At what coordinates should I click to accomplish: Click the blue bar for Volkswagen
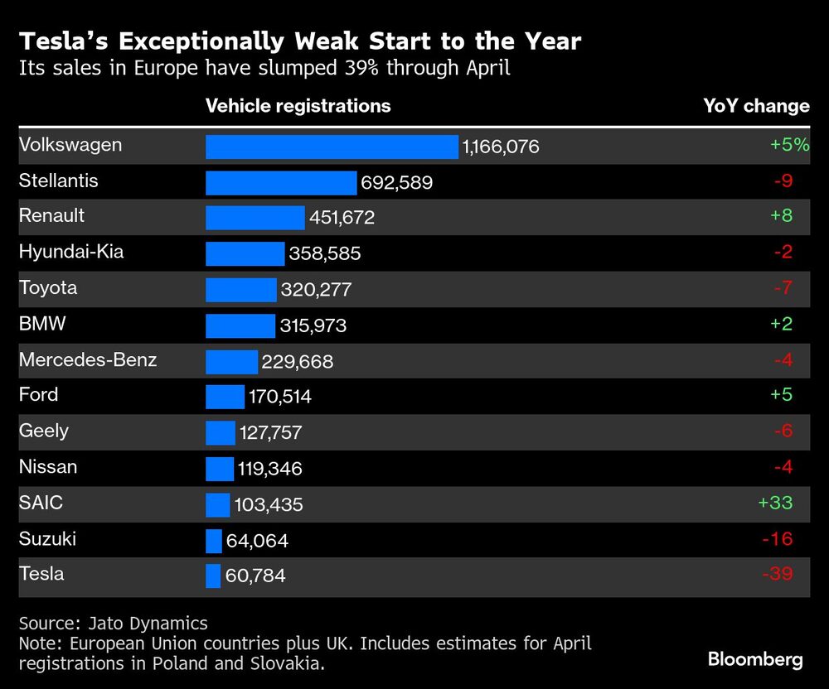tap(332, 147)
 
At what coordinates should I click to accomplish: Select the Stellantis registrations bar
tap(281, 182)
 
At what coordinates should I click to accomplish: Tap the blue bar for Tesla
tap(213, 575)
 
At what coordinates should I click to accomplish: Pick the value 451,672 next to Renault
tap(342, 218)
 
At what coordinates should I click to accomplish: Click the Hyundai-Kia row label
tap(71, 252)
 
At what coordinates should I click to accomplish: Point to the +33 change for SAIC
tap(775, 503)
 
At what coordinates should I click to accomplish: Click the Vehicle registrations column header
tap(298, 106)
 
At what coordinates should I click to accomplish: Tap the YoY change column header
tap(756, 106)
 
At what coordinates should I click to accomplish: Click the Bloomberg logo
tap(755, 659)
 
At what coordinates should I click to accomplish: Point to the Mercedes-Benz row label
tap(88, 359)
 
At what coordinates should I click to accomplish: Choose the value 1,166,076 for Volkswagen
tap(501, 147)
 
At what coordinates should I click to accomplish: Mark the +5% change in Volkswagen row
tap(788, 145)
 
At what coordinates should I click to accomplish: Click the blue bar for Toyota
tap(241, 289)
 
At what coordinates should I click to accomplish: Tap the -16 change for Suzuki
tap(777, 538)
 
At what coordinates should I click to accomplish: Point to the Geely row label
tap(44, 431)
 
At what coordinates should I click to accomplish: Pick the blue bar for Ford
tap(225, 397)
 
